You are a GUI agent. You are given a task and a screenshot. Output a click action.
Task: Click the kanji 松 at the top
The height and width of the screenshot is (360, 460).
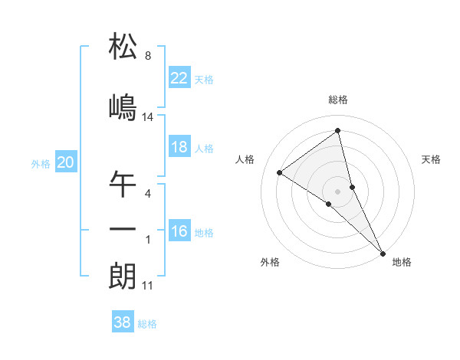tap(123, 47)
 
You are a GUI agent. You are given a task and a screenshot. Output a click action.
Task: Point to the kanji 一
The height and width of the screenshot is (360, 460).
tap(123, 229)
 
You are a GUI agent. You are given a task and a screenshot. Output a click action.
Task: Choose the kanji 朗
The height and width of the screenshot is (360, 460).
tap(123, 275)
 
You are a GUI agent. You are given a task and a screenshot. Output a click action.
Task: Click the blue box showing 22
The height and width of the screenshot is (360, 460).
tap(179, 78)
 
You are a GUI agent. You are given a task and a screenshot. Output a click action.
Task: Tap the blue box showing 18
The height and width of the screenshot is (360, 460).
tap(179, 147)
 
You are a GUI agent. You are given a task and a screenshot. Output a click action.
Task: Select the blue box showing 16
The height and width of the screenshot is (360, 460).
tap(179, 231)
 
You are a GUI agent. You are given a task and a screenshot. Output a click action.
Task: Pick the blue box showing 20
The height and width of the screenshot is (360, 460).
tap(66, 162)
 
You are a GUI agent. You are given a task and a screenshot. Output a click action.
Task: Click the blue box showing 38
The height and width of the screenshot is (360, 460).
tap(123, 322)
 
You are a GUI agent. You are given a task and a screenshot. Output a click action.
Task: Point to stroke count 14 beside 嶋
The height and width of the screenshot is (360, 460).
tap(148, 117)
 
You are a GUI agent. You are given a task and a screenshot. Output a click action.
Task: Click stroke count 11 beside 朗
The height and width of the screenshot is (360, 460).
tap(148, 286)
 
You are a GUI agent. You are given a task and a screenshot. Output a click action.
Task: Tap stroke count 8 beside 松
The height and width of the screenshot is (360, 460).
tap(148, 56)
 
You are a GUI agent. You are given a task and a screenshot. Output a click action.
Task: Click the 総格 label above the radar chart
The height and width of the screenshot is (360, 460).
tap(338, 100)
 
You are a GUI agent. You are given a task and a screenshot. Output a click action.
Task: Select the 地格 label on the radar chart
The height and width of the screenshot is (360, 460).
tap(402, 262)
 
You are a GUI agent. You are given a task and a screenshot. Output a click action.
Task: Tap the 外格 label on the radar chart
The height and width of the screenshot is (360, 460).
tap(270, 262)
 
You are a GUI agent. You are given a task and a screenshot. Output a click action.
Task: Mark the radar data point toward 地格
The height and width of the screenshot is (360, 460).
tap(383, 252)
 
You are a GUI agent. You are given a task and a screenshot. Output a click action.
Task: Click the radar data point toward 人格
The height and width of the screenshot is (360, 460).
tap(280, 172)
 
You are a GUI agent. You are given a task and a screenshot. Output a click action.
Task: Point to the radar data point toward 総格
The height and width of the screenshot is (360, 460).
tap(338, 132)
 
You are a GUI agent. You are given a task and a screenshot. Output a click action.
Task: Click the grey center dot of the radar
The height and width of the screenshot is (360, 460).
tap(338, 191)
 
